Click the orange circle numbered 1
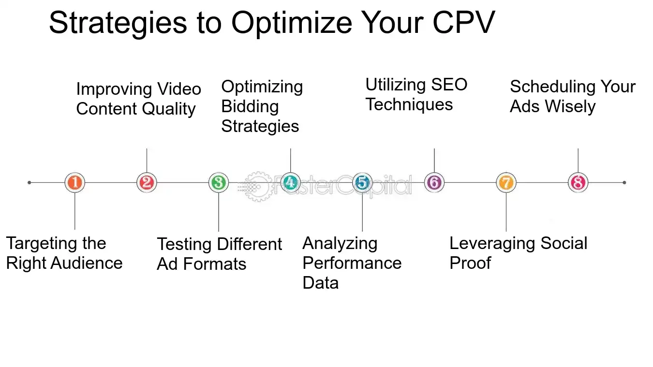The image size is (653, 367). [74, 183]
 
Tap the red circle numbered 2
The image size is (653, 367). [147, 183]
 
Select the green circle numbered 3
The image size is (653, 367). [219, 183]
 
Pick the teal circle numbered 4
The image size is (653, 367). [290, 183]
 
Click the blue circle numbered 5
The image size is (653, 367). [362, 183]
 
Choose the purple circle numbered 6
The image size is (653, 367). [434, 183]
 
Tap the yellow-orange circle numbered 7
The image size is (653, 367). [506, 183]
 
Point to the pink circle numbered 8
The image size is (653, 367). [578, 183]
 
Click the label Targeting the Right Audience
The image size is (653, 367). [64, 253]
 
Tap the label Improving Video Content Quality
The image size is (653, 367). [138, 99]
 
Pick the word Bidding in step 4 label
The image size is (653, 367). [250, 106]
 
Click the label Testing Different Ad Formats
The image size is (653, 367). [219, 254]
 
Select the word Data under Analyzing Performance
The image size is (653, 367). [320, 283]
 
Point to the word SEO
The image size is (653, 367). [449, 85]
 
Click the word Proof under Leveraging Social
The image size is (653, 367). [470, 263]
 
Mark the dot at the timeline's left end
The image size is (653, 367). [30, 183]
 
